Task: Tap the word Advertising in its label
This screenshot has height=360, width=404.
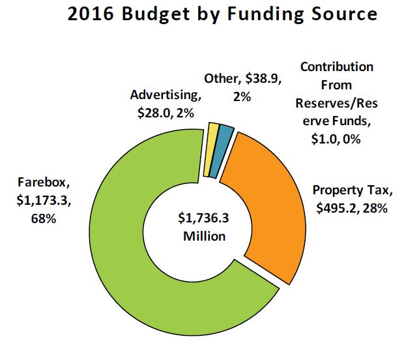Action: pyautogui.click(x=166, y=95)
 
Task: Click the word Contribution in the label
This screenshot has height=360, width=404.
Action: pyautogui.click(x=336, y=67)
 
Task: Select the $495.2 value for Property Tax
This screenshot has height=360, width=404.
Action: pyautogui.click(x=335, y=208)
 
